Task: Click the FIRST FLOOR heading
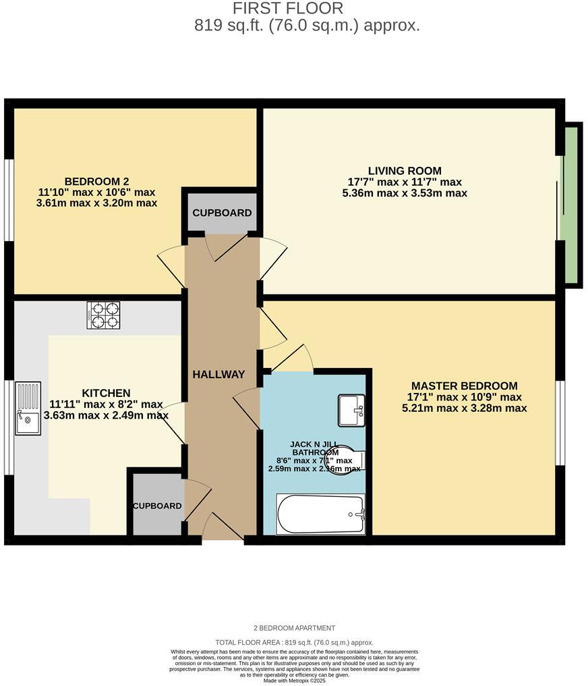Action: tap(288, 9)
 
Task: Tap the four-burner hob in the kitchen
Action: tap(103, 315)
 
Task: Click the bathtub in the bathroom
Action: tap(320, 514)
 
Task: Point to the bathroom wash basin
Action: tap(351, 411)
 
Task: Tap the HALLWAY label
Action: tap(218, 375)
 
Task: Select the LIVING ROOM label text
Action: tap(405, 171)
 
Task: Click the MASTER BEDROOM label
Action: tap(465, 386)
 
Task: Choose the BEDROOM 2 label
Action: tap(96, 181)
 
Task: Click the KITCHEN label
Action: tap(106, 393)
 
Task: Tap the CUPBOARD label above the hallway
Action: tap(222, 213)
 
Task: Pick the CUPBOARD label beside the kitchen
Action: tap(157, 506)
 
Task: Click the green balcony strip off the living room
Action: tap(571, 205)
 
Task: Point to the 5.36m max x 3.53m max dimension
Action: tap(405, 193)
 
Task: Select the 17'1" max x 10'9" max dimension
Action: tap(465, 397)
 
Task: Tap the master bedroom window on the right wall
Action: tap(560, 423)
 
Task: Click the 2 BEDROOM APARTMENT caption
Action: tap(294, 628)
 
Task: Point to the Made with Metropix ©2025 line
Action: tap(294, 680)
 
